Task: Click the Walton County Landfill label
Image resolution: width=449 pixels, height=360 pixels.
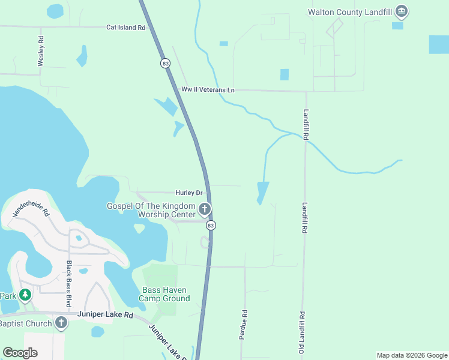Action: click(351, 11)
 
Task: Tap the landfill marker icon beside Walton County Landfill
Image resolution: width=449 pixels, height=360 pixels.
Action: click(402, 11)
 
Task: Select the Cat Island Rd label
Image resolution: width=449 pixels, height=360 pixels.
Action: click(126, 28)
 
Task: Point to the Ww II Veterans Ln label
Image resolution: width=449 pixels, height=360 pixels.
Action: click(208, 90)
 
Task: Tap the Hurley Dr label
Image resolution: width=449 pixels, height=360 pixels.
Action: click(190, 193)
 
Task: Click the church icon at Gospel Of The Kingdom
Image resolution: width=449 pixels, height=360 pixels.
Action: click(205, 209)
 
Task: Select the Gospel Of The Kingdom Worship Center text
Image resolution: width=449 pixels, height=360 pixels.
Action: click(151, 210)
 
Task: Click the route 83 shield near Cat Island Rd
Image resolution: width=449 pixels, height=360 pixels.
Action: click(165, 63)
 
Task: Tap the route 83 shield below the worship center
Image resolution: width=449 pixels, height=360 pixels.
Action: click(210, 225)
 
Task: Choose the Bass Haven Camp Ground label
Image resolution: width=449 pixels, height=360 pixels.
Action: click(164, 294)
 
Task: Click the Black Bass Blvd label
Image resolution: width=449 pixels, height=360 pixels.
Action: click(70, 276)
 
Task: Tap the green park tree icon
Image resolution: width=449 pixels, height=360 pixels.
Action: click(25, 295)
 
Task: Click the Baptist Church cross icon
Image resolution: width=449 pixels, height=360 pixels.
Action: click(61, 323)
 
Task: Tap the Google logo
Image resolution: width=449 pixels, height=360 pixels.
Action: click(20, 353)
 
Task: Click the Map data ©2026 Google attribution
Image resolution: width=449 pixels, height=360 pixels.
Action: click(411, 355)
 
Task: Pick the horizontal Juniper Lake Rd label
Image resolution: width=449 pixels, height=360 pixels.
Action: click(104, 314)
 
